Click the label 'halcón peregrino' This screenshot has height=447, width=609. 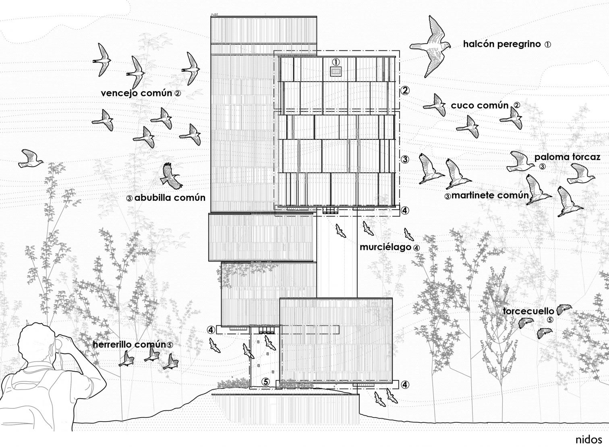[x=502, y=44]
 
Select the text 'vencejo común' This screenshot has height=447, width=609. [x=137, y=94]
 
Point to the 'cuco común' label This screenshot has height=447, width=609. [x=480, y=106]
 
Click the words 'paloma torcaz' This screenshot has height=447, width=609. [x=567, y=157]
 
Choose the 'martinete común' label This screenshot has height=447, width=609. [x=490, y=195]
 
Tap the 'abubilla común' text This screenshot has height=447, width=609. [x=170, y=198]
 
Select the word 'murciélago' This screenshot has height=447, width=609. [x=385, y=247]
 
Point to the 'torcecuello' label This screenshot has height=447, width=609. [x=528, y=311]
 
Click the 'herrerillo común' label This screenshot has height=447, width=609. [x=129, y=345]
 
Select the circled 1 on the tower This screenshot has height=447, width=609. [x=336, y=62]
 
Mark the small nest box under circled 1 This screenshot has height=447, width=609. [x=336, y=72]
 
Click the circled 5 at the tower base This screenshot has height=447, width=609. [x=265, y=382]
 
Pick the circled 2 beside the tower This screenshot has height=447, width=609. [x=404, y=90]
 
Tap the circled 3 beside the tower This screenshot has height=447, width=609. [x=405, y=159]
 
